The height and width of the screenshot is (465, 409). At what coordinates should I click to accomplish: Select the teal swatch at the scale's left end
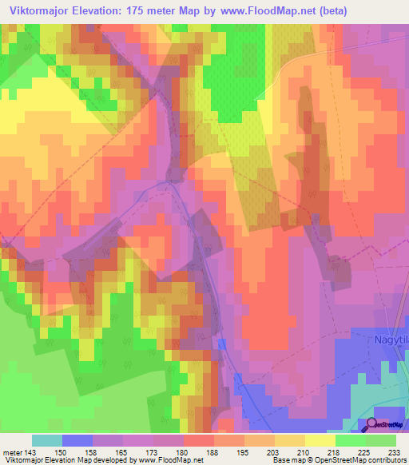47,440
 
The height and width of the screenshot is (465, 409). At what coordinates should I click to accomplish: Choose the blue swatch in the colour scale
77,440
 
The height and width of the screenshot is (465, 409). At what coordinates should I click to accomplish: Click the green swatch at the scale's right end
381,440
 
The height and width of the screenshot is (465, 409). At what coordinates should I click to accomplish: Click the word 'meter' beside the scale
11,451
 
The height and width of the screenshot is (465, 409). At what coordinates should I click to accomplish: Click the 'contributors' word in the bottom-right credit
387,460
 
